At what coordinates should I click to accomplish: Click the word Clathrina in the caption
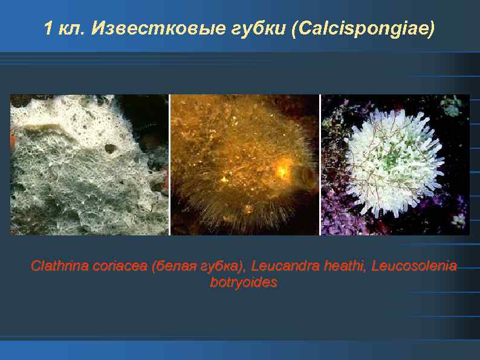tap(54, 266)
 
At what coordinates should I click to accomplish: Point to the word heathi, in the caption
tap(340, 266)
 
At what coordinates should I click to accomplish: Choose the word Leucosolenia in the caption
tap(414, 266)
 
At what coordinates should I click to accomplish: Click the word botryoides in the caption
tap(244, 282)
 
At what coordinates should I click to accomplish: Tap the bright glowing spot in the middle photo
tap(282, 169)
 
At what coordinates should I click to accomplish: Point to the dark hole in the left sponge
tap(111, 148)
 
